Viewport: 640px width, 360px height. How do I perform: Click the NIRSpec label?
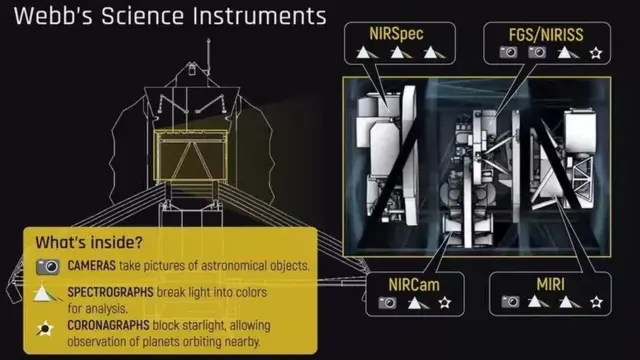(396, 34)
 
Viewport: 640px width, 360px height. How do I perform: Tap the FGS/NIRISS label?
(546, 35)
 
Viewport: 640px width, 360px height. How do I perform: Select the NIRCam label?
(414, 284)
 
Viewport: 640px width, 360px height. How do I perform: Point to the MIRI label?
(550, 284)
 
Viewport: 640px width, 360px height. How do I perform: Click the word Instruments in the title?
(260, 16)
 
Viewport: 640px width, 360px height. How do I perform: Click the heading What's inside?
(89, 242)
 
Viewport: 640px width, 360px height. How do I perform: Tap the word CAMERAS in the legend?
(91, 266)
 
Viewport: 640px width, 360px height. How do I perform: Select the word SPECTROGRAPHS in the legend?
(110, 292)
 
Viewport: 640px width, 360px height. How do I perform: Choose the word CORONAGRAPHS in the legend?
(108, 325)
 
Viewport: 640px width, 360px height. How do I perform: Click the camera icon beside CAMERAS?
(48, 267)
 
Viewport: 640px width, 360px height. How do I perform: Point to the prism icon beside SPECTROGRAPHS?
(46, 294)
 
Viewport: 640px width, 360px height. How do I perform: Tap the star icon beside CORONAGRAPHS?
(44, 328)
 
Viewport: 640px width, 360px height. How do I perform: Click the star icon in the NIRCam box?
(444, 302)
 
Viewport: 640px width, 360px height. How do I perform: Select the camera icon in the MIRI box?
(510, 302)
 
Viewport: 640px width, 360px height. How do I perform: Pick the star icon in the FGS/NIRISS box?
(596, 53)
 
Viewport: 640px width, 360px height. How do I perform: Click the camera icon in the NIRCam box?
(387, 302)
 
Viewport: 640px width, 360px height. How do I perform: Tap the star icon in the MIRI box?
(596, 302)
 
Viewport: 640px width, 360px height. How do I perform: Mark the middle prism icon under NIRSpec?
(399, 53)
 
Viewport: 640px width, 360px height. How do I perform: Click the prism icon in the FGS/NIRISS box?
(567, 52)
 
